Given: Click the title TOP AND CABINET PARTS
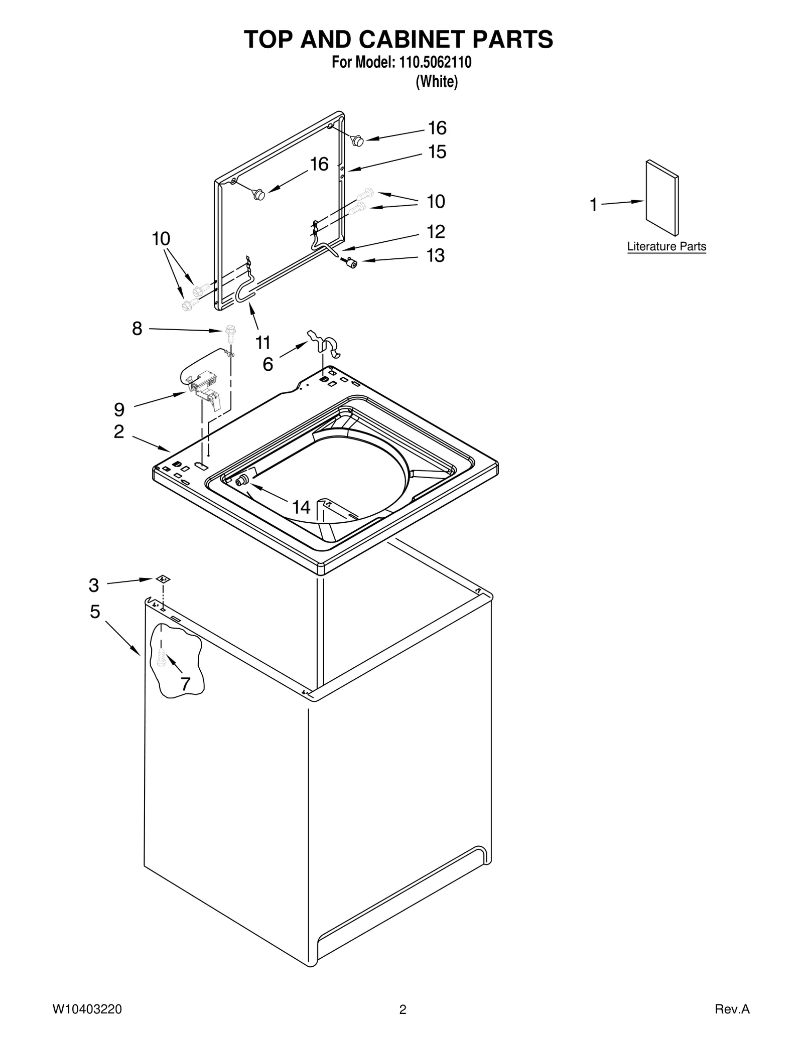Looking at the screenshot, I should point(398,39).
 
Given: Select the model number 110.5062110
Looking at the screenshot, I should point(434,63).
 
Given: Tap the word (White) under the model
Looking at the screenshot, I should point(437,81).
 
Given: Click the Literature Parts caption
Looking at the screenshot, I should point(666,246).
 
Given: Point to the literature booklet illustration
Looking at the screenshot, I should point(661,198).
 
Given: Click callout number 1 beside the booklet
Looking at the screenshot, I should point(593,205).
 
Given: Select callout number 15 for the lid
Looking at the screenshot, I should point(437,152).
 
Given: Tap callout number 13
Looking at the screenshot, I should point(435,255).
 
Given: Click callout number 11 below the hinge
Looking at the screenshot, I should point(263,343).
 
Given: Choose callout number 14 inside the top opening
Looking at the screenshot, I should point(301,507).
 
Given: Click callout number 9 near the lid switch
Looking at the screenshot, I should point(119,409).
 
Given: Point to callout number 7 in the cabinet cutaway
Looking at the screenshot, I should point(185,683).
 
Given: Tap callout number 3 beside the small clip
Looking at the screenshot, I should point(94,585).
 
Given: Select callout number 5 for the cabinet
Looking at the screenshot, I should point(95,612).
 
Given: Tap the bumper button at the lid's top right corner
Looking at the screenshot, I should point(357,141).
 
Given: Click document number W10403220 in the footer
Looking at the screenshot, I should point(87,1009).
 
